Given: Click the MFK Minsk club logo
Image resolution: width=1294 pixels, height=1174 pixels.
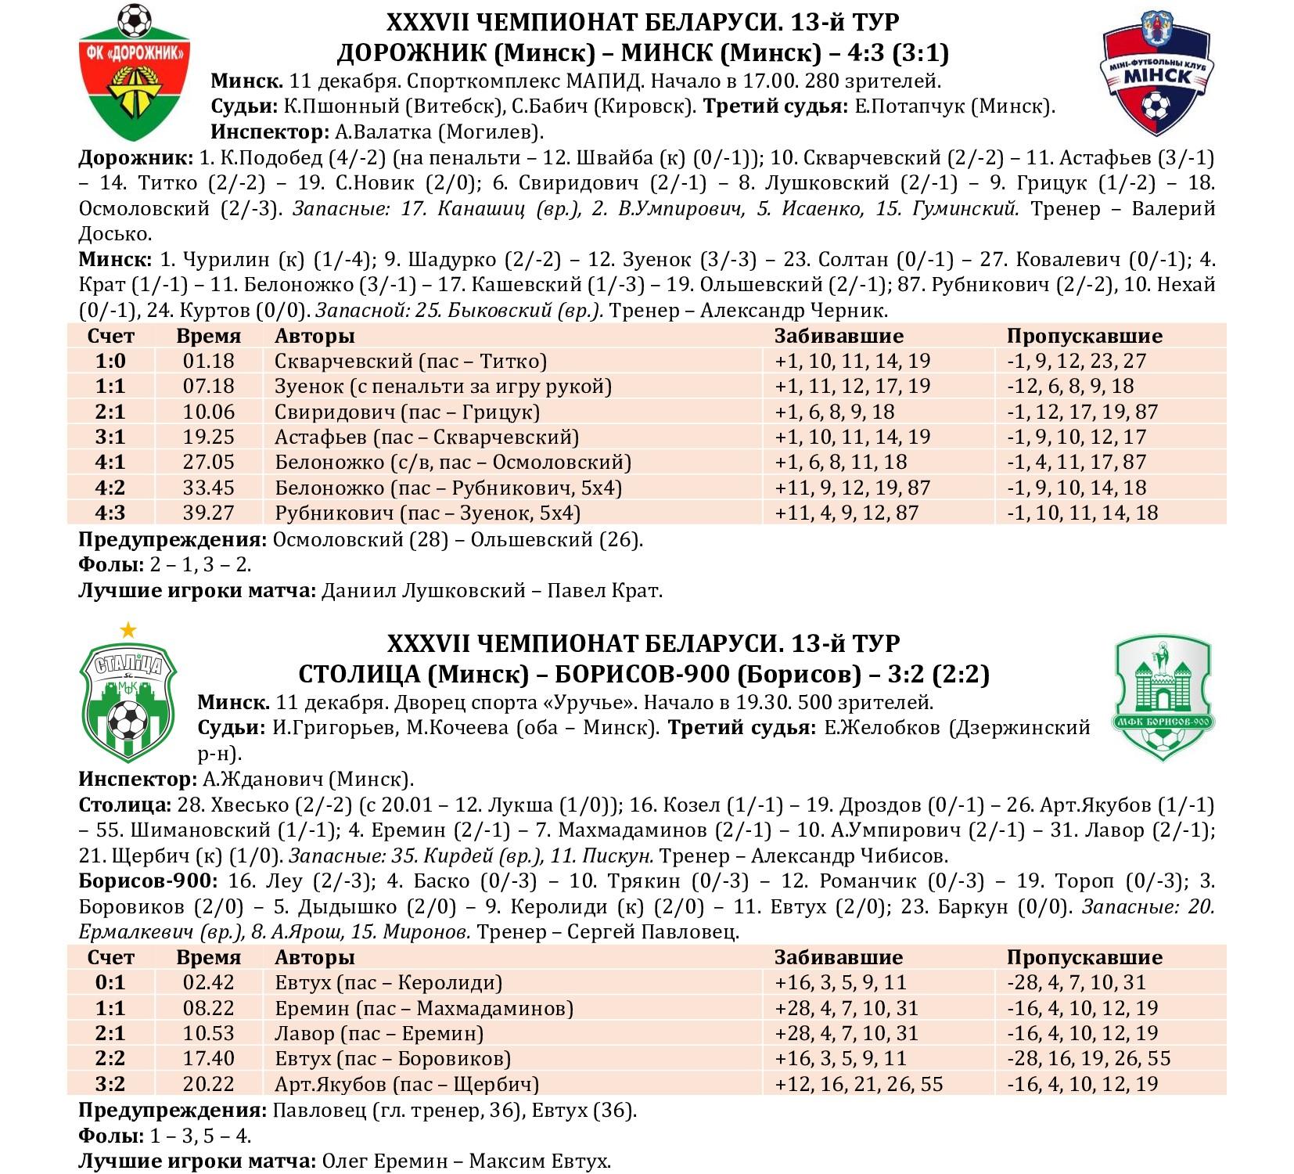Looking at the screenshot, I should click(1156, 74).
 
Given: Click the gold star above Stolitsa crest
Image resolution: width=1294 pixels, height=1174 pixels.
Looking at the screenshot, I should click(128, 630).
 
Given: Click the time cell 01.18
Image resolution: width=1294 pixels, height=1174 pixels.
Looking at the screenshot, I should click(208, 361).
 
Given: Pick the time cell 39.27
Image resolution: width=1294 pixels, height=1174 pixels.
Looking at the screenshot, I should click(208, 513).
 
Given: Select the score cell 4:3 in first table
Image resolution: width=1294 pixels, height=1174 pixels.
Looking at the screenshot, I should click(110, 513).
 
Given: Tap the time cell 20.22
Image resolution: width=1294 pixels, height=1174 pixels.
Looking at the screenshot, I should click(208, 1084).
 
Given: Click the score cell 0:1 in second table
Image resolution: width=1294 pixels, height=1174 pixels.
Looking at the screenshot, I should click(110, 982).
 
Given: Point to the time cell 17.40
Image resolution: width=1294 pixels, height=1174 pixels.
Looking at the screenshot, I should click(208, 1058).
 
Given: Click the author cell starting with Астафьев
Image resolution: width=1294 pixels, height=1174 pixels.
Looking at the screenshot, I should click(426, 437).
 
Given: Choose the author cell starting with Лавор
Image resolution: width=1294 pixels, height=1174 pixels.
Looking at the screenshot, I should click(379, 1033).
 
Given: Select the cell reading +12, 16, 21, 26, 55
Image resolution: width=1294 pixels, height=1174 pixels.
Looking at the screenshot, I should click(858, 1084).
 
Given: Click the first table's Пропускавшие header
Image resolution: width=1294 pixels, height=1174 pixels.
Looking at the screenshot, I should click(1084, 336).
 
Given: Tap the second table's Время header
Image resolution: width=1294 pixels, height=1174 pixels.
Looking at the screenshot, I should click(208, 957).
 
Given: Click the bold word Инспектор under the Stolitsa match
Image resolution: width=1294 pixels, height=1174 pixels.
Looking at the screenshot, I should click(138, 780).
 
